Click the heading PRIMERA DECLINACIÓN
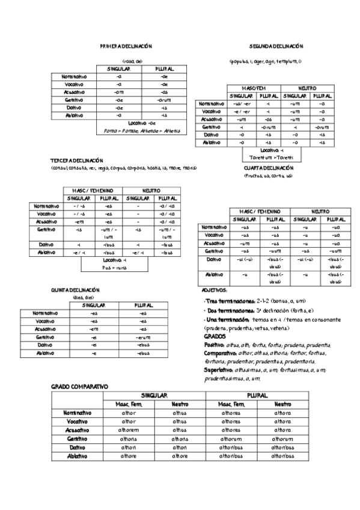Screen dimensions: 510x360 pos(126,46)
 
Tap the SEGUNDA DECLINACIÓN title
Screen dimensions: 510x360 pos(276,46)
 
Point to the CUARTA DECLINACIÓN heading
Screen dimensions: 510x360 pos(269,168)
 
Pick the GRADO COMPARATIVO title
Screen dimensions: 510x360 pos(79,386)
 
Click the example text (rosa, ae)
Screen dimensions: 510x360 pos(132,61)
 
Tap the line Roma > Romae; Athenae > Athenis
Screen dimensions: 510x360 pos(141,131)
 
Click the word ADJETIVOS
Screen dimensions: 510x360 pos(215,290)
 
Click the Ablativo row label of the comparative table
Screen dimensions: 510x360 pos(77,456)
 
